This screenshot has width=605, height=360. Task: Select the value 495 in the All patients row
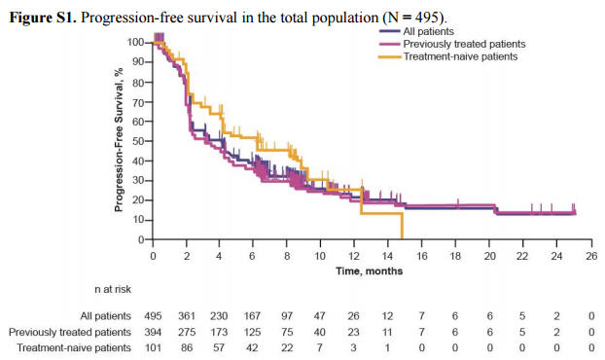click(153, 316)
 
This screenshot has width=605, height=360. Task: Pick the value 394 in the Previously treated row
click(153, 332)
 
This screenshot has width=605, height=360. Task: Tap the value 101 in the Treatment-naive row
click(153, 347)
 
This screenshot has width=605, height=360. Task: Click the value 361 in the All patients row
click(187, 316)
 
